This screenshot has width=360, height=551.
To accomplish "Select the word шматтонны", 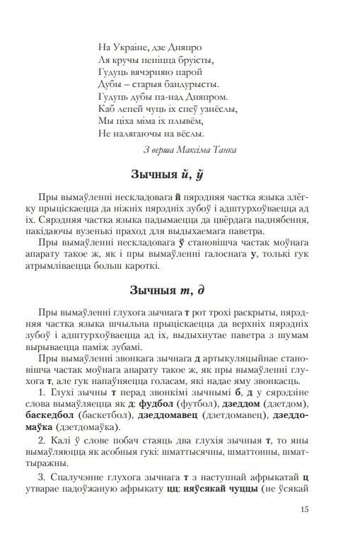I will (277, 453).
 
